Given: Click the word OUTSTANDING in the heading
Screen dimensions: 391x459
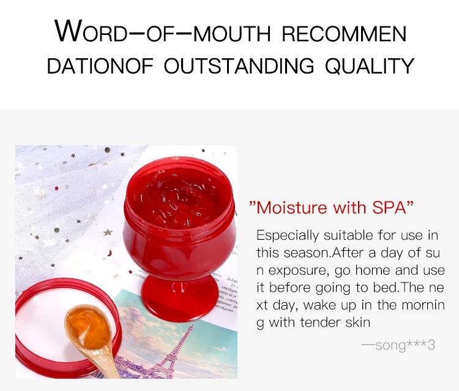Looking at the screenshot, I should [239, 66].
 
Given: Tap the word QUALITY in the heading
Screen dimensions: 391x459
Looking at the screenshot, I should [369, 66].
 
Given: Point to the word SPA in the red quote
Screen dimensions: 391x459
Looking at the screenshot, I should [389, 207].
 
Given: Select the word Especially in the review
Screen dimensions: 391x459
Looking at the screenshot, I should [288, 235].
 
